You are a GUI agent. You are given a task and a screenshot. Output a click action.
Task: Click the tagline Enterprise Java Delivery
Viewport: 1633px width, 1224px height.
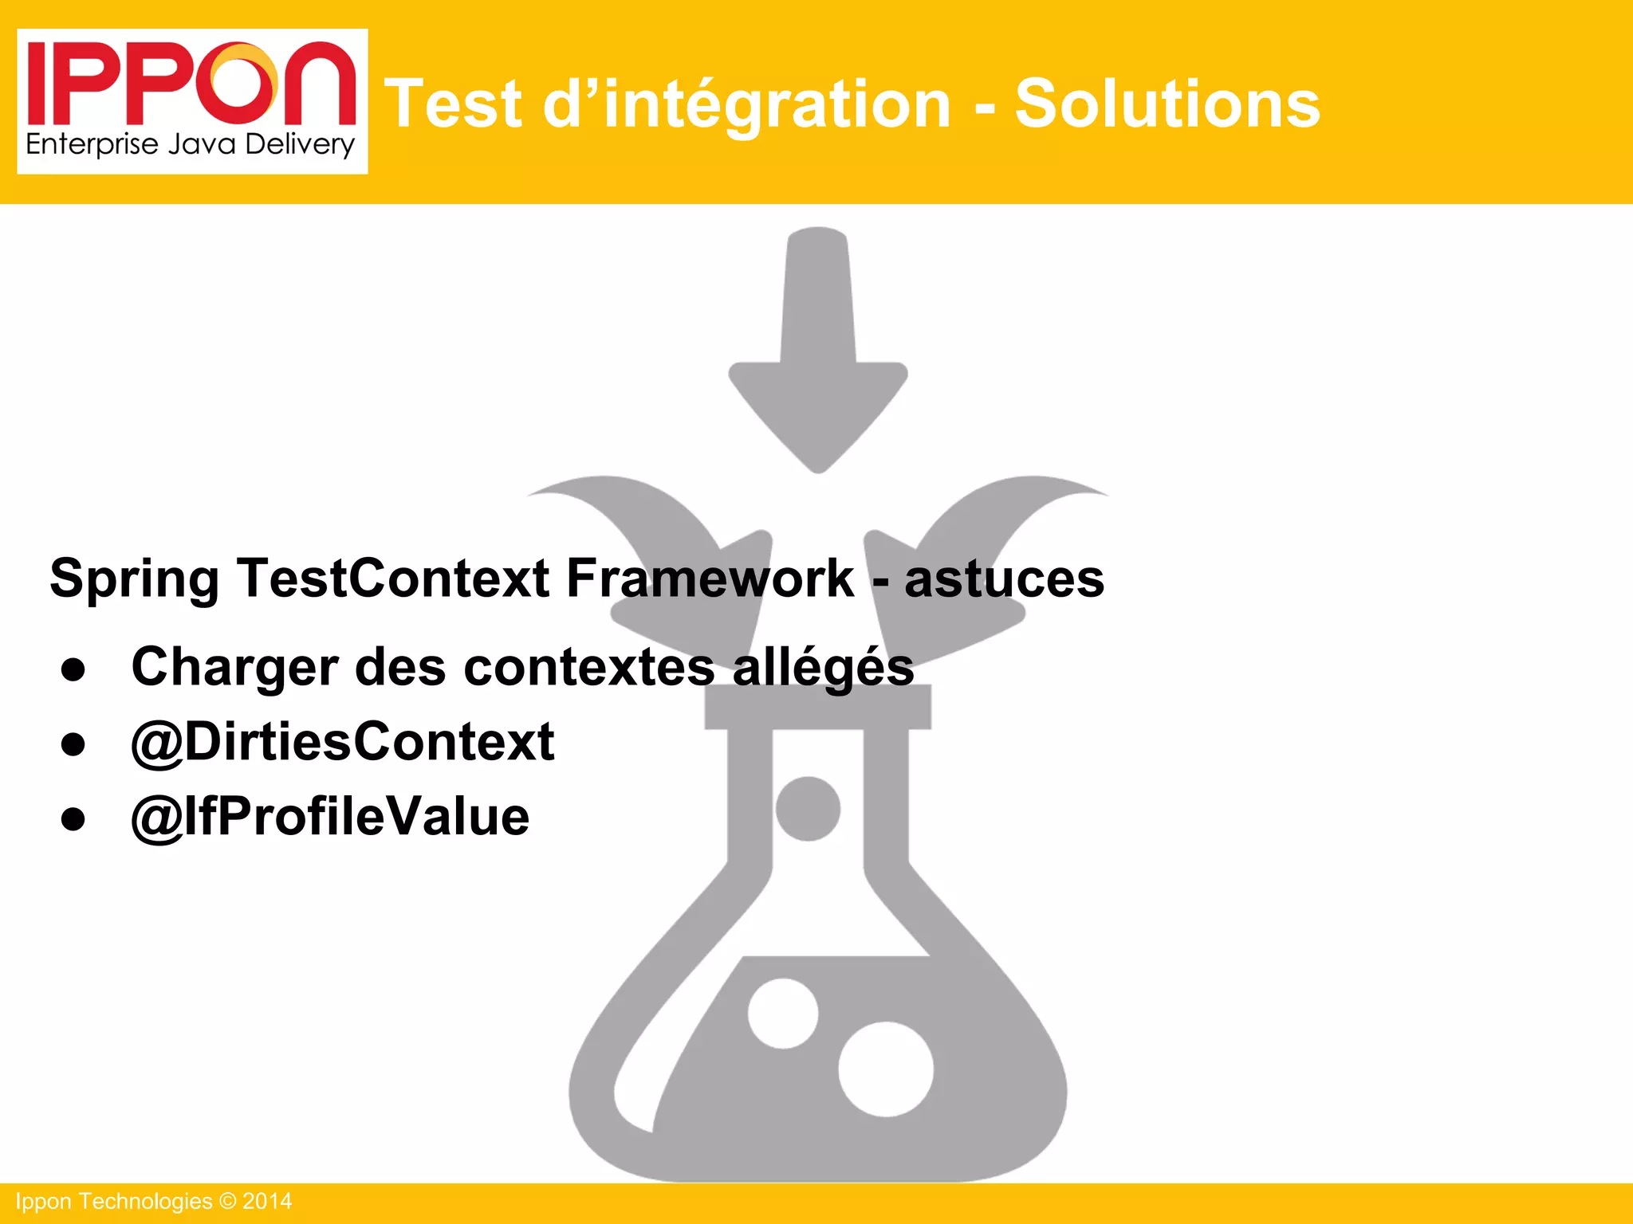[190, 145]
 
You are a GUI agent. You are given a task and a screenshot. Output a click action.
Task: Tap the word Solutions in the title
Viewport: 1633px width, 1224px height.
[1167, 104]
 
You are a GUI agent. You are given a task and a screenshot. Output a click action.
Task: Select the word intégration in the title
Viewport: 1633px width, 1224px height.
[777, 105]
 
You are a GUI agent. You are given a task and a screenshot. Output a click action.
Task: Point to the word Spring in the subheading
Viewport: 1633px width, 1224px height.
[134, 579]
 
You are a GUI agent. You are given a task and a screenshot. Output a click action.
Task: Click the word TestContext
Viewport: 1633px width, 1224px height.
[392, 578]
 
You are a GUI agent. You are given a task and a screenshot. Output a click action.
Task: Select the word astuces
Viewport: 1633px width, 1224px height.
[1004, 579]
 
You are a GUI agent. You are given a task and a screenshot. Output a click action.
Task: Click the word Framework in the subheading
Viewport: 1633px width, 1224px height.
[710, 578]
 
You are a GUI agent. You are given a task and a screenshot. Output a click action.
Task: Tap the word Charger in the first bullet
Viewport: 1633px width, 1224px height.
[234, 667]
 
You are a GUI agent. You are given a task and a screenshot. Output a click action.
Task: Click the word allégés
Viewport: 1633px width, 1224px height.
[823, 668]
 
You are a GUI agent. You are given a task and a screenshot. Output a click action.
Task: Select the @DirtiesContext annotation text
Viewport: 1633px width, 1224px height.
[343, 742]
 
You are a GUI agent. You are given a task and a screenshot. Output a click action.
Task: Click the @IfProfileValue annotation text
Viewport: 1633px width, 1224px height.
[330, 817]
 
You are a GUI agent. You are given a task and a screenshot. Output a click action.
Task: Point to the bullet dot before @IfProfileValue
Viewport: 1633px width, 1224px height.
[73, 818]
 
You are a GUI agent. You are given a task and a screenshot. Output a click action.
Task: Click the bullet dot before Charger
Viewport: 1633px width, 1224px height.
[73, 670]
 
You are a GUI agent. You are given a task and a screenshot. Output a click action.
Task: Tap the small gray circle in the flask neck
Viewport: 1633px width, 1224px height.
[808, 809]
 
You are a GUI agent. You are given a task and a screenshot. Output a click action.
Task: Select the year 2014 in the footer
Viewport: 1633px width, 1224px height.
[267, 1202]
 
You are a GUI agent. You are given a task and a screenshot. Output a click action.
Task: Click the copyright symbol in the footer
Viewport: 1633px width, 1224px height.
[228, 1202]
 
